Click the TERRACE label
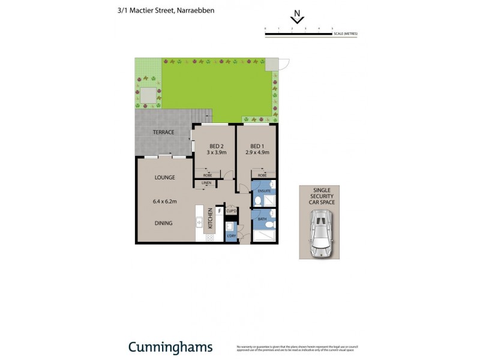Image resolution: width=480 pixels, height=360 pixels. [x=163, y=132]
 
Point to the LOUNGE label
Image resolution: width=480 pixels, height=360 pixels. [x=164, y=178]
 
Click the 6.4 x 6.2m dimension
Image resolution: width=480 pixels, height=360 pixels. [x=164, y=201]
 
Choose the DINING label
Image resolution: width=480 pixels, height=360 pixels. [x=164, y=223]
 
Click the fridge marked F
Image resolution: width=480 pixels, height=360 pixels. [x=220, y=211]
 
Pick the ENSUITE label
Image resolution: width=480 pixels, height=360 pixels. [x=257, y=191]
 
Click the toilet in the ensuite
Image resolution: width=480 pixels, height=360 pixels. [x=257, y=201]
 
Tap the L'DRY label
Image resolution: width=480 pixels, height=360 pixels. [x=231, y=236]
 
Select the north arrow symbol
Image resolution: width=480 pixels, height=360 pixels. [x=296, y=19]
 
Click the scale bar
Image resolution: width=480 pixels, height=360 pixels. [x=299, y=34]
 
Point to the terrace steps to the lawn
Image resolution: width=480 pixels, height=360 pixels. [x=204, y=114]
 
